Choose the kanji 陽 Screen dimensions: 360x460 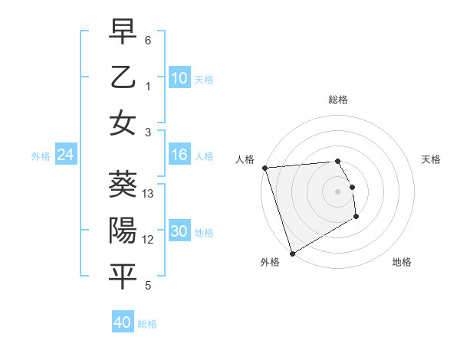point(123,231)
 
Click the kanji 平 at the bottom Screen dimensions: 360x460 point(123,277)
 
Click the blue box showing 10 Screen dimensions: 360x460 point(179,78)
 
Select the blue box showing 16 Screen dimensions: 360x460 point(179,155)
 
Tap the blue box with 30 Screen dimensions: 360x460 point(179,232)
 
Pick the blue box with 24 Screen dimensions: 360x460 point(65,155)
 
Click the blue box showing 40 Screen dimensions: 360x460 point(123,322)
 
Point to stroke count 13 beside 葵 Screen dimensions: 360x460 point(148,194)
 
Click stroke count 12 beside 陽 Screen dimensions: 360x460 point(148,240)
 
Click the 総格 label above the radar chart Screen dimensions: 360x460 point(337,100)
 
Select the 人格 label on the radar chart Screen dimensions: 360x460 point(245,159)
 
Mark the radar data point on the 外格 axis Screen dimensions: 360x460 point(291,254)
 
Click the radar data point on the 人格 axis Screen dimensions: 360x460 point(264,168)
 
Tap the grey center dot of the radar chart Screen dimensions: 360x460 point(337,191)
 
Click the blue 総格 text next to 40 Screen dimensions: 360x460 point(147,324)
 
